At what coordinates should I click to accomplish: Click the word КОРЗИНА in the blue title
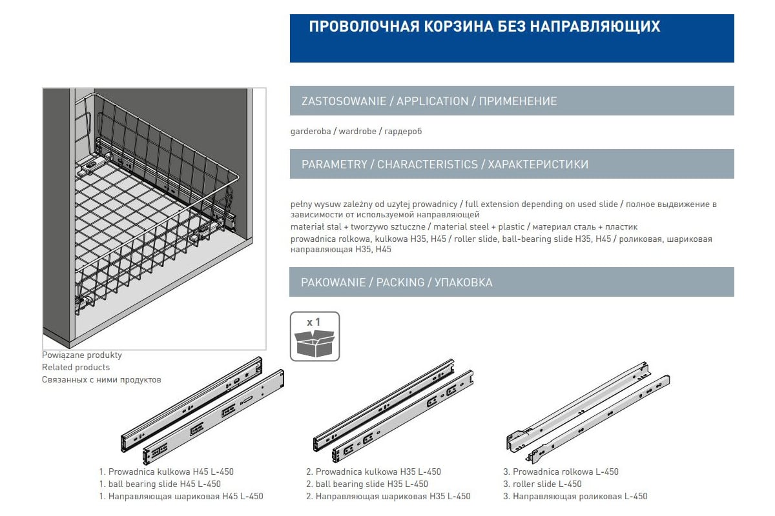coord(459,26)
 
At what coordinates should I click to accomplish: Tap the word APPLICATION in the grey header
coord(433,101)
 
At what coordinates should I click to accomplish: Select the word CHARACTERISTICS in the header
coord(428,164)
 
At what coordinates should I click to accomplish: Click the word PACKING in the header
coord(400,283)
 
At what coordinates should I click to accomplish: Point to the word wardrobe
coord(357,132)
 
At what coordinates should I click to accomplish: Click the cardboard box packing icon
coord(315,344)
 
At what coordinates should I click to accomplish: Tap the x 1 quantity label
coord(313,322)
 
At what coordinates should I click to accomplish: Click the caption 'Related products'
coord(76,367)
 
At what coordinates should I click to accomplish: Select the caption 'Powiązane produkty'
coord(82,355)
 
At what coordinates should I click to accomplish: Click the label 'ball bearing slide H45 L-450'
coord(164,484)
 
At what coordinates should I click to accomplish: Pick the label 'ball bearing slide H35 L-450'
coord(372,484)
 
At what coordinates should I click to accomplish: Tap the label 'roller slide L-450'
coord(547,484)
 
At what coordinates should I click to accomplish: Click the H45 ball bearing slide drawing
coord(202,411)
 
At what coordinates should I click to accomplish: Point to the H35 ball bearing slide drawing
coord(393,412)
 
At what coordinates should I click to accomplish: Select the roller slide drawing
coord(588,413)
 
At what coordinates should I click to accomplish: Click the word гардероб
coord(403,132)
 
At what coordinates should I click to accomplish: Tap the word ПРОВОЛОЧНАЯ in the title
coord(364,26)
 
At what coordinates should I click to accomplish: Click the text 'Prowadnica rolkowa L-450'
coord(566,471)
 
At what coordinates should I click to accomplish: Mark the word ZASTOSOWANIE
coord(344,101)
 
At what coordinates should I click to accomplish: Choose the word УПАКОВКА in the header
coord(464,283)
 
